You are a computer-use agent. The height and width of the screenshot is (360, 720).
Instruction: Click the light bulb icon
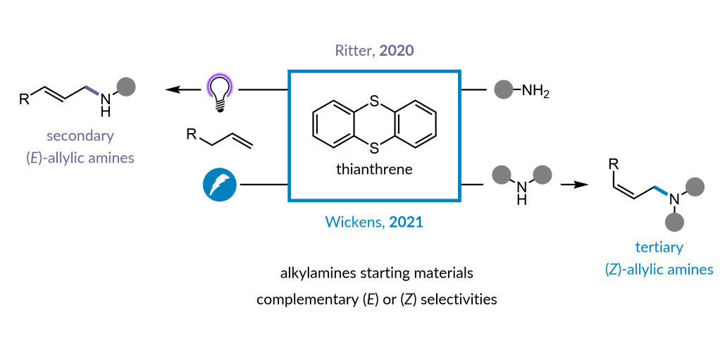click(x=220, y=91)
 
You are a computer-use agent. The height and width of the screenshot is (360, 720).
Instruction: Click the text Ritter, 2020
click(x=374, y=53)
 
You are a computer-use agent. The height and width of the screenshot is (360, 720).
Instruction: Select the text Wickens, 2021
click(x=373, y=222)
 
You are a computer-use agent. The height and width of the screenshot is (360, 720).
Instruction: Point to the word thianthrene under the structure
click(x=374, y=170)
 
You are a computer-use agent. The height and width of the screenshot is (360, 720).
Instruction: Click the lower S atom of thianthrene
click(x=374, y=149)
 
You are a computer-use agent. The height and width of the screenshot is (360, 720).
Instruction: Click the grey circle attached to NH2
click(x=503, y=90)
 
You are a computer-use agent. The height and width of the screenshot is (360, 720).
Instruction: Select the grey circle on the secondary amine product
click(x=125, y=87)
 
